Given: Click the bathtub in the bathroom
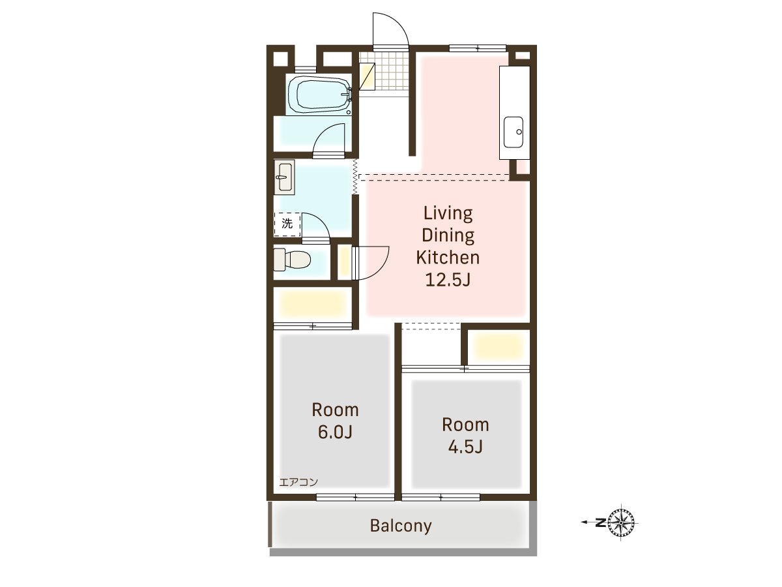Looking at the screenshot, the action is (x=319, y=95).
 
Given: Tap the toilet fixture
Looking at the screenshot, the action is (x=292, y=260).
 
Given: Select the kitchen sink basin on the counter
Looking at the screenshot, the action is (x=514, y=132).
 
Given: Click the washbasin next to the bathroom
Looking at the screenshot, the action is (x=284, y=177).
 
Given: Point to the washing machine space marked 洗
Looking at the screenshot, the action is (x=287, y=224).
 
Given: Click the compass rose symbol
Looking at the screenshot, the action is (x=621, y=523).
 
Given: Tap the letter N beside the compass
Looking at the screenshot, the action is (x=601, y=523).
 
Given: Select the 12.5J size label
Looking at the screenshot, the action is (x=448, y=280).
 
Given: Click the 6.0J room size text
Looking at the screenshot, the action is (x=335, y=432).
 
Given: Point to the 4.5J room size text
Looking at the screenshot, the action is (x=465, y=447).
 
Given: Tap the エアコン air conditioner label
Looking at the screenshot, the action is (x=298, y=482).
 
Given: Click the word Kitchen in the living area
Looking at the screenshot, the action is (x=448, y=258).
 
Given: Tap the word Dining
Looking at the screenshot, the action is (x=448, y=235).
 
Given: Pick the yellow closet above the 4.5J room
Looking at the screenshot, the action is (x=498, y=346).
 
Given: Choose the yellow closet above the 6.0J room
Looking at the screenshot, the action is (x=313, y=304).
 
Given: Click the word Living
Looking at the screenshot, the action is (x=448, y=214).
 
